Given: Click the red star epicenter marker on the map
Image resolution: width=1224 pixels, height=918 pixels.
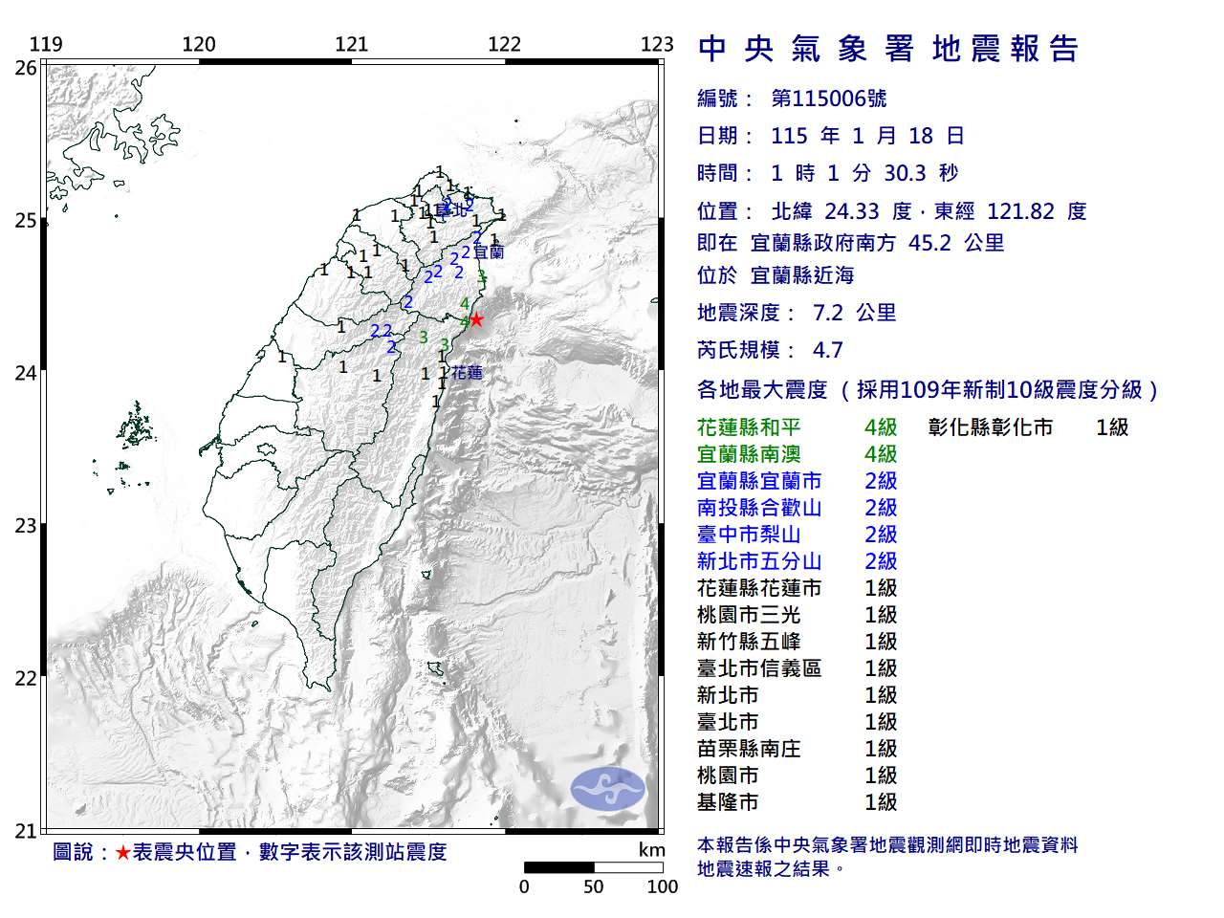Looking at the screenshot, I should pos(475,319).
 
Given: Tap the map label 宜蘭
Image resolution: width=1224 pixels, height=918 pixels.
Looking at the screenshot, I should pos(489,252).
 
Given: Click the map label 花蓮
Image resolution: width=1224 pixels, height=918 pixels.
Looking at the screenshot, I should pos(467,372).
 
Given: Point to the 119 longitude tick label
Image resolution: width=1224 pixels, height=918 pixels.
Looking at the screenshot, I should pos(46,44).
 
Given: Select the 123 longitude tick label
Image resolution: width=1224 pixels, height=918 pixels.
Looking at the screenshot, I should pos(657,44).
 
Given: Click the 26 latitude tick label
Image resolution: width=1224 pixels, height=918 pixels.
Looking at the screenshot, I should pos(26,68).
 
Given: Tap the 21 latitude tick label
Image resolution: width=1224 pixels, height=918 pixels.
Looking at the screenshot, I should pos(26,831).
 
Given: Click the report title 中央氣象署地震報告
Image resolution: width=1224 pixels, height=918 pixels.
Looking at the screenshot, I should pos(888,49).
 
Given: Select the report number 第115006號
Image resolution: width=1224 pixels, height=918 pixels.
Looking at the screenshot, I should pos(828,98).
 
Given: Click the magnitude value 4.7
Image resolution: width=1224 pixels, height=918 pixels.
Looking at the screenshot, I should pos(827,350).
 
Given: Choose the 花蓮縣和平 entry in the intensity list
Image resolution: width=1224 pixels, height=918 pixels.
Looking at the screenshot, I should pos(749,427).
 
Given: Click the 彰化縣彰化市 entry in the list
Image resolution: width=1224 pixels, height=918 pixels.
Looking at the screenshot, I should pos(990,427).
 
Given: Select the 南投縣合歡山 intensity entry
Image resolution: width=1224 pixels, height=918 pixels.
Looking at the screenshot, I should pos(759,508).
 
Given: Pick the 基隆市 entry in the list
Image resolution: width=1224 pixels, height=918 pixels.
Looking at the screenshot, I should pos(728,802).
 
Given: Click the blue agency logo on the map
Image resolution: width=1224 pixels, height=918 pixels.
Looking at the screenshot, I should pos(608,790).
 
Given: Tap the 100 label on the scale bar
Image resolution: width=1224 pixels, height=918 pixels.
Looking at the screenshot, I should pos(662,886).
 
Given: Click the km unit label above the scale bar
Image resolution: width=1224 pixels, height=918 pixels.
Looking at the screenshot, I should pos(651,850).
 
